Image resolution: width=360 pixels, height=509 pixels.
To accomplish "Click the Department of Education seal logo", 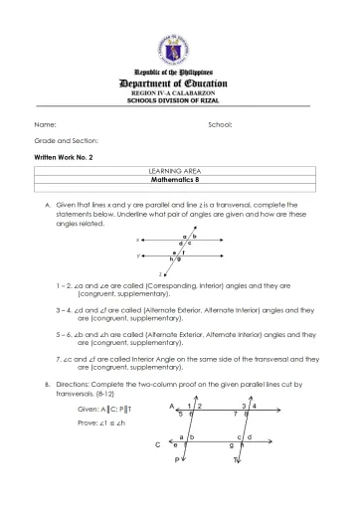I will [179, 46].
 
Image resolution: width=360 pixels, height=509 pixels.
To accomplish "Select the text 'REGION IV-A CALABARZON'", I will [179, 95].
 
